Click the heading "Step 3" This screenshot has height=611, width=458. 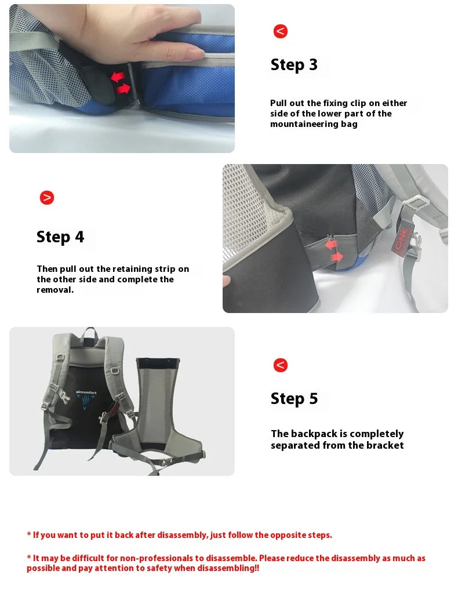(x=294, y=65)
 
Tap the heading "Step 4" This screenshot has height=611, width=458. (x=60, y=237)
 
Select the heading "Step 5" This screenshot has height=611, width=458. (x=294, y=399)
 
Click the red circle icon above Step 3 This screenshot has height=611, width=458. (x=281, y=31)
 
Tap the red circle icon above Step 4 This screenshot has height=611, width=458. (x=46, y=198)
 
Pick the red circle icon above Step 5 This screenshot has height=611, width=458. (x=281, y=365)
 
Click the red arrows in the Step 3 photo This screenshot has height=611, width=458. (x=121, y=82)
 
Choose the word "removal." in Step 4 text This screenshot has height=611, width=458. (x=55, y=290)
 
